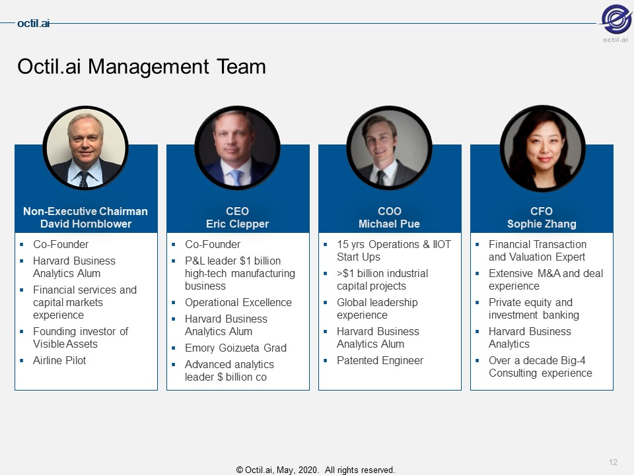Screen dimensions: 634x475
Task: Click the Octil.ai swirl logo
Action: point(616,18)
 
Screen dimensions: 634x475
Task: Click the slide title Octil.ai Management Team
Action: point(141,67)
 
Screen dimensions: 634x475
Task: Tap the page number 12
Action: point(613,462)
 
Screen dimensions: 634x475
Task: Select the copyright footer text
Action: point(316,470)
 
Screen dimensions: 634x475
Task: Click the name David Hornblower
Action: point(86,224)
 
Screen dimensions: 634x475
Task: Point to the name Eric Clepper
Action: point(237,224)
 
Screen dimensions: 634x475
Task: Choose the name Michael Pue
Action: point(389,224)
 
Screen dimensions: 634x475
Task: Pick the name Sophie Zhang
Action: point(542,224)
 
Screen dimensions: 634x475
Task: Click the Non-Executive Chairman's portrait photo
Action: point(86,148)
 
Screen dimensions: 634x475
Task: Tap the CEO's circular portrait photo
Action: point(237,148)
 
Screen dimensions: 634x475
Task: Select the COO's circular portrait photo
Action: point(390,148)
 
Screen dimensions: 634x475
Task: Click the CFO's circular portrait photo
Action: point(543,148)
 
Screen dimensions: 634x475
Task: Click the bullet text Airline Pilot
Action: point(59,360)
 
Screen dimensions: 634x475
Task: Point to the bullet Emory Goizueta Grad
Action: point(236,348)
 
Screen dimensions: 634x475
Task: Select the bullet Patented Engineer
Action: point(380,360)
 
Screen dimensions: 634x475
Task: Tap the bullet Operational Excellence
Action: point(238,303)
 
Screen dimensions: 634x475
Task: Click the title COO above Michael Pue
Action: point(390,211)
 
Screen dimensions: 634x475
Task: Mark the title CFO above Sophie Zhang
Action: point(542,211)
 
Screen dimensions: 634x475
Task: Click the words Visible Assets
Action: point(65,344)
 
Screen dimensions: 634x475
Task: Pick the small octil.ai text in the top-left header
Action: point(34,24)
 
